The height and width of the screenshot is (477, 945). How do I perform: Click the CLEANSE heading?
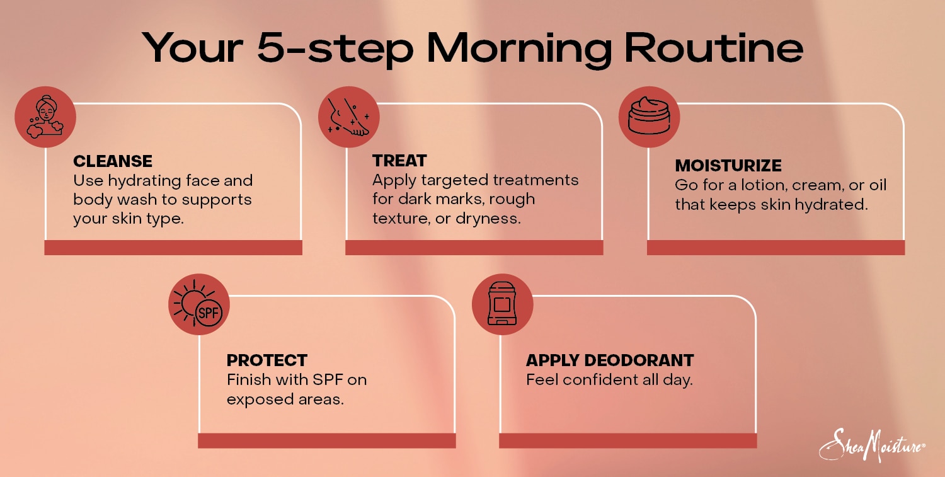point(113,161)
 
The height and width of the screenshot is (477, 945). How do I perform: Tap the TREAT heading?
point(399,160)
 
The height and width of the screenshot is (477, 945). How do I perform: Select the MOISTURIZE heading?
point(728,166)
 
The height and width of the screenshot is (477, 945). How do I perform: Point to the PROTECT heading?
point(267,360)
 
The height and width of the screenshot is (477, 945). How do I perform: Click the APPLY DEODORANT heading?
point(610,360)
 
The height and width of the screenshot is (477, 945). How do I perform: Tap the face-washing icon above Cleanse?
point(45,117)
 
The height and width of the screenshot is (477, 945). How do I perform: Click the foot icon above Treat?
point(348,117)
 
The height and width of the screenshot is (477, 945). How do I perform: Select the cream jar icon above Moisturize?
point(649,117)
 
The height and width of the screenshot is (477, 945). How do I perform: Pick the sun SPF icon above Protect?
point(199,304)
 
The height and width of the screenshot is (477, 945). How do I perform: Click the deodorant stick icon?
point(502,304)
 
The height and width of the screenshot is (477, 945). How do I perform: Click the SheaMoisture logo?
point(871,445)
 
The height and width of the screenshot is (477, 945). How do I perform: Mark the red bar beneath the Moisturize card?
point(776,248)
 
